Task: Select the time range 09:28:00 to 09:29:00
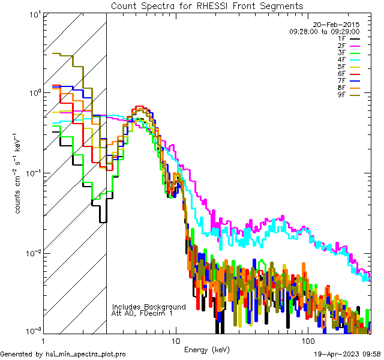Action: [x=324, y=31]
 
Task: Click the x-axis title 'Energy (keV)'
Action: [x=206, y=349]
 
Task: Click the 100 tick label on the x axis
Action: [x=307, y=340]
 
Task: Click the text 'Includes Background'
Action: [x=149, y=307]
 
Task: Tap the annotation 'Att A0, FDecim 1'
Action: [x=142, y=313]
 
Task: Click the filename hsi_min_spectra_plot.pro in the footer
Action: [x=86, y=354]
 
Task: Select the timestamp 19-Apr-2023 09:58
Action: [x=347, y=354]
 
